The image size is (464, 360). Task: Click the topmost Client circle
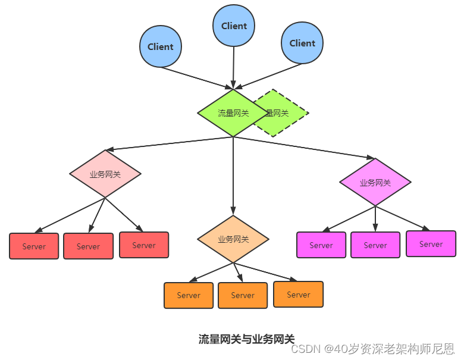click(233, 26)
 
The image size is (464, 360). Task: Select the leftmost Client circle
click(161, 46)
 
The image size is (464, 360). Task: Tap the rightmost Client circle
click(302, 43)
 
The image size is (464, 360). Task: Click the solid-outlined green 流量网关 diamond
click(233, 113)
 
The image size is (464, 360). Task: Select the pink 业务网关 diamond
click(105, 174)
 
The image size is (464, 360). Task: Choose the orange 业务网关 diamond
click(233, 239)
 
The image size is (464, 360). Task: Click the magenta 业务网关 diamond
click(375, 182)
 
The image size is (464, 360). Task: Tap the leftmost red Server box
click(34, 246)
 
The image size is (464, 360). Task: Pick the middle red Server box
click(88, 246)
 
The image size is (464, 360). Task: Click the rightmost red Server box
click(144, 245)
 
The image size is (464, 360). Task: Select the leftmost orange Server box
click(189, 296)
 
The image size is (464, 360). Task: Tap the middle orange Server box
click(243, 296)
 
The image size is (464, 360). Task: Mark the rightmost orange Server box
click(298, 295)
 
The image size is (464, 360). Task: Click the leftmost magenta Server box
click(321, 245)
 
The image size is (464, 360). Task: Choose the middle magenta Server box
click(375, 245)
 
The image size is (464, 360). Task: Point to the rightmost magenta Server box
click(431, 243)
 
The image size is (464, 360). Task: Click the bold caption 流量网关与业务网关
click(246, 339)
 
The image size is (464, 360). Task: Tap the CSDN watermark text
click(372, 349)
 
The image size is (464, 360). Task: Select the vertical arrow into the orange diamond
click(233, 176)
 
